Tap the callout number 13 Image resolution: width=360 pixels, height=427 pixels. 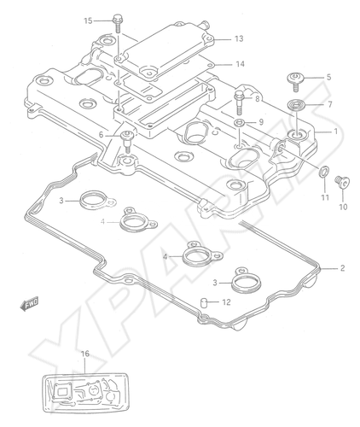coord(239,38)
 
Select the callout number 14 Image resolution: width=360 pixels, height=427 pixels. coord(240,64)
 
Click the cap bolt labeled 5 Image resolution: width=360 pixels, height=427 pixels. coord(295,81)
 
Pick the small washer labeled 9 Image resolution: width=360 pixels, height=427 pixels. coord(239,123)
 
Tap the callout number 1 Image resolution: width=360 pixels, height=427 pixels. coord(335,132)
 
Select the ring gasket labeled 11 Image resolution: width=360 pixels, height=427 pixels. coord(324,172)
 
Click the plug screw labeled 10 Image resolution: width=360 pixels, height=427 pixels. coord(342,182)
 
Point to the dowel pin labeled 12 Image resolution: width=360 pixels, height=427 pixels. coord(204,302)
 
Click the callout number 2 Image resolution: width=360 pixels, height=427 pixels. coord(342,268)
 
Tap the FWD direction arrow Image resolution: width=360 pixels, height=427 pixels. coord(29,304)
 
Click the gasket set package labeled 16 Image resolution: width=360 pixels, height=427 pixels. coord(86,394)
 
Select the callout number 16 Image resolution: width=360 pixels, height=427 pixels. coord(85,354)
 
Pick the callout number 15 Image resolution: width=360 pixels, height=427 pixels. coord(88,20)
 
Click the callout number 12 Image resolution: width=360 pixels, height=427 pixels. coord(226,302)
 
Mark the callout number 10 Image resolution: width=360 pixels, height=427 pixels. coord(343,207)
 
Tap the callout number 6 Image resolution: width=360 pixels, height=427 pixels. coord(101,136)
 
